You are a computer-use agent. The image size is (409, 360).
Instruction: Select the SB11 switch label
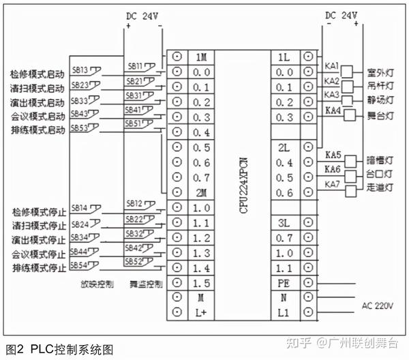tap(135, 66)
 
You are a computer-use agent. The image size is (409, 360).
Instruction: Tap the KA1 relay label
tap(333, 66)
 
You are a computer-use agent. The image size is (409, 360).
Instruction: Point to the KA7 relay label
tap(333, 184)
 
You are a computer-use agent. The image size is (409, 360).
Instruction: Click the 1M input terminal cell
tap(201, 57)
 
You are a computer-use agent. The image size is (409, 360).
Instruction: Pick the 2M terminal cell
tap(201, 192)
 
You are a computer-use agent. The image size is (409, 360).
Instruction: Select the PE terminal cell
tap(284, 282)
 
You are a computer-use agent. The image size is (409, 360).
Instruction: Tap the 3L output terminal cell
tap(284, 222)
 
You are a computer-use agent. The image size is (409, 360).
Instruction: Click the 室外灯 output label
tap(380, 71)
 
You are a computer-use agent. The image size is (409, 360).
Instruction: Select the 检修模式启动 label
tap(37, 74)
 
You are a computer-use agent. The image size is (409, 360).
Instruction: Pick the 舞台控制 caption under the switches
tap(147, 283)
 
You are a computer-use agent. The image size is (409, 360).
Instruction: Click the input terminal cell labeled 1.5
tap(201, 282)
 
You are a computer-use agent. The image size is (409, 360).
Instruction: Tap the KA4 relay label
tap(333, 110)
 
